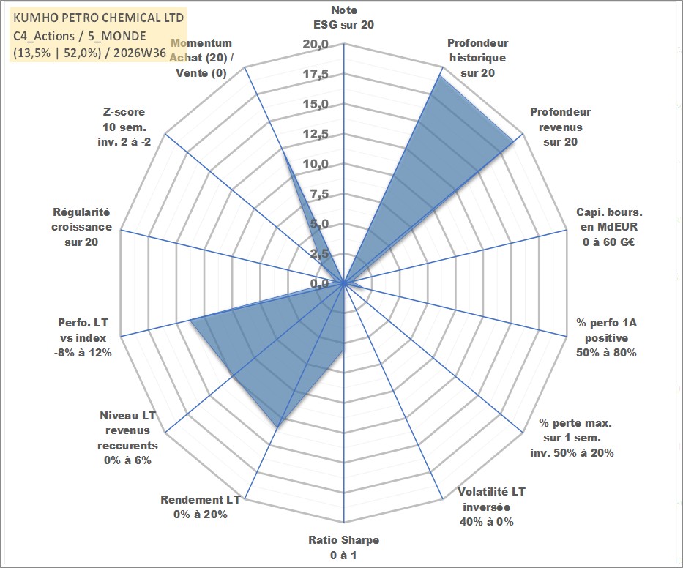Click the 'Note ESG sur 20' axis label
click(343, 18)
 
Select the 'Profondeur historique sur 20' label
click(477, 58)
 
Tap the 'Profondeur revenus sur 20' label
click(560, 127)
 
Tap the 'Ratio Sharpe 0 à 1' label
click(343, 548)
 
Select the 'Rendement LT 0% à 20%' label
click(201, 507)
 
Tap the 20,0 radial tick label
click(316, 45)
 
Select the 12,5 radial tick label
click(316, 134)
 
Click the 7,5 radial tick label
click(319, 194)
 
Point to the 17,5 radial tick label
click(316, 74)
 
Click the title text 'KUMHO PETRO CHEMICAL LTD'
click(98, 18)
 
